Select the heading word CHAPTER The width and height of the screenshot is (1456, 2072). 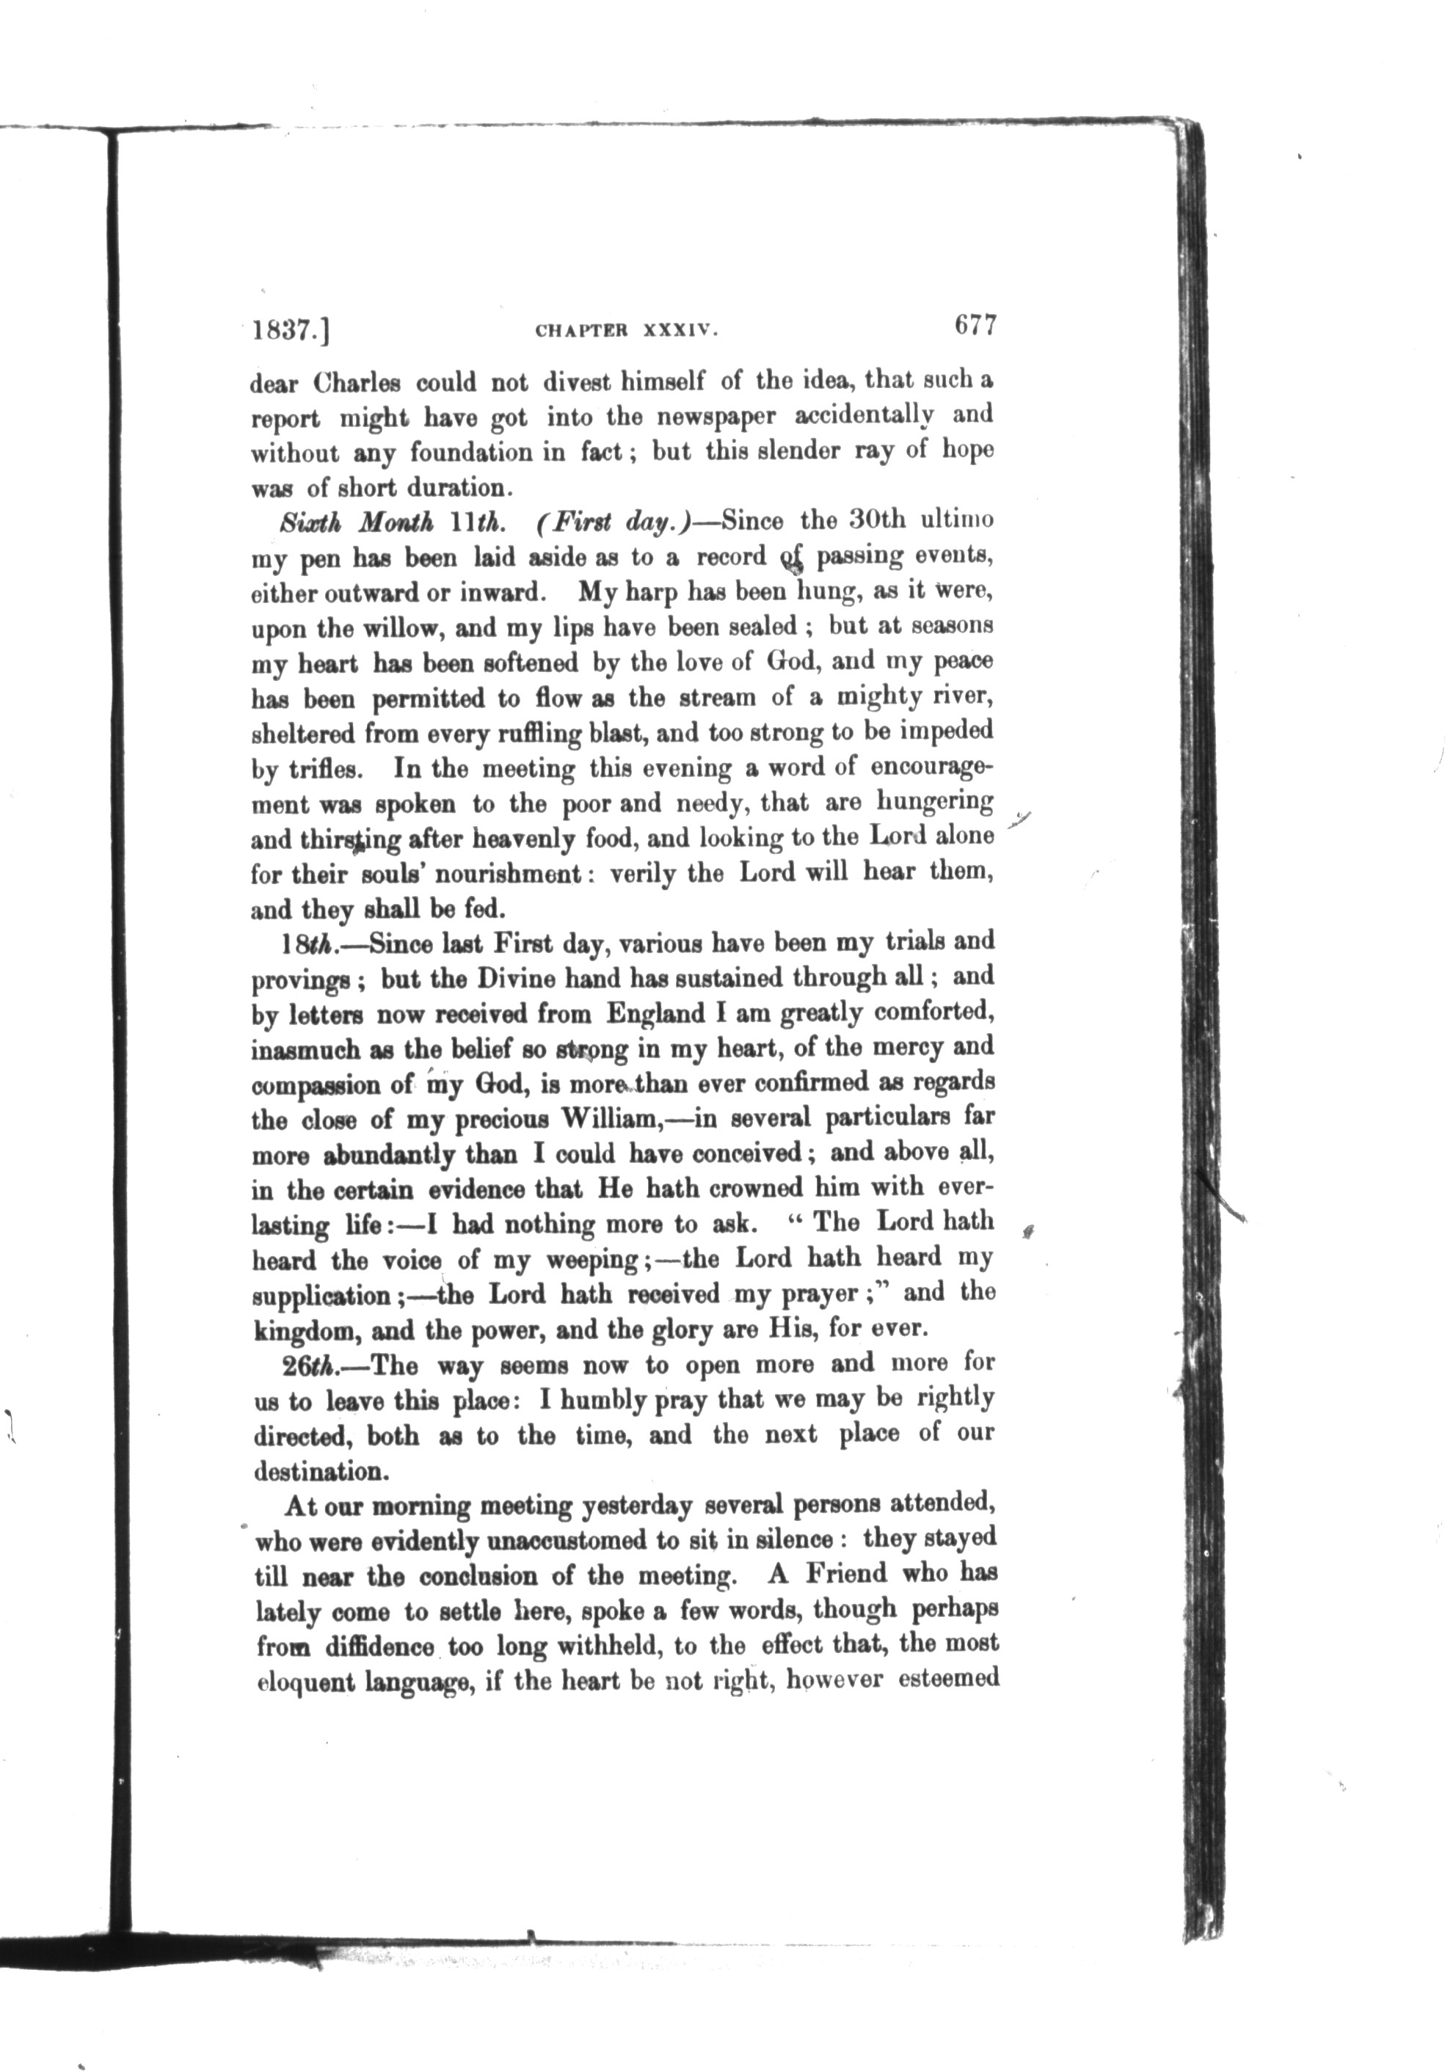(x=580, y=331)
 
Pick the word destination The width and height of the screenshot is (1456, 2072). (x=322, y=1472)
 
